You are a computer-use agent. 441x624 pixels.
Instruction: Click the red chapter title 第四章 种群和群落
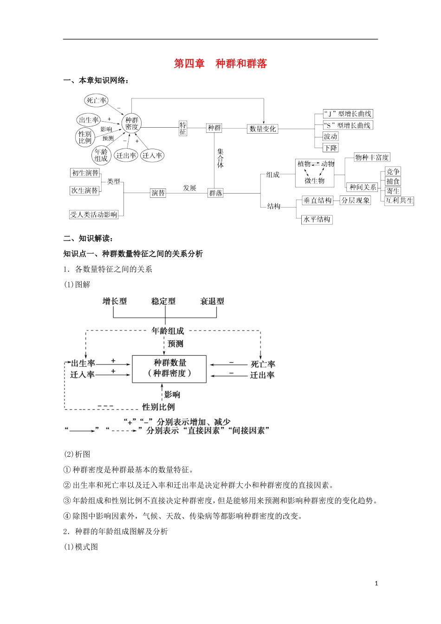tap(220, 64)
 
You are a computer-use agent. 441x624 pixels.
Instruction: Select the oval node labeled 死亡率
tap(97, 100)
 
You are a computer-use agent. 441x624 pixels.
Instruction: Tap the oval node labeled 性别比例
tap(85, 137)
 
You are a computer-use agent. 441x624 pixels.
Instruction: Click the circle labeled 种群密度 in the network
tap(132, 123)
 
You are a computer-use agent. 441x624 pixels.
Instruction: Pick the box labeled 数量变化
tap(262, 129)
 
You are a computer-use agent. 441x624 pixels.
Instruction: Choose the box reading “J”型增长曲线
tap(348, 114)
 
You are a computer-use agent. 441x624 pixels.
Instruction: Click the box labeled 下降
tap(331, 148)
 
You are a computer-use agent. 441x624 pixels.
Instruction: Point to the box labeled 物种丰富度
tap(372, 157)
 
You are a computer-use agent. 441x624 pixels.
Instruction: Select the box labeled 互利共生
tap(399, 201)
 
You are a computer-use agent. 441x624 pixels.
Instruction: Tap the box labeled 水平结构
tap(317, 219)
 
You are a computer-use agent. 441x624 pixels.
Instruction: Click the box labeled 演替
tap(158, 193)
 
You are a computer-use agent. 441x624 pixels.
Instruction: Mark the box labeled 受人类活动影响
tap(94, 214)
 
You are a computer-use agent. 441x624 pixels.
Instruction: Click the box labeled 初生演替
tap(85, 173)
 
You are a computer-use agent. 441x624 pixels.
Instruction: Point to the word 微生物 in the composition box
tap(315, 181)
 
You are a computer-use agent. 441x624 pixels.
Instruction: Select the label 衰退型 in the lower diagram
tap(212, 301)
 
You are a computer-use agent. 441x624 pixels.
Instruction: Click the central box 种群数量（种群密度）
tap(169, 369)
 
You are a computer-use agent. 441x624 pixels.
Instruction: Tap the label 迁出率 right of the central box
tap(262, 375)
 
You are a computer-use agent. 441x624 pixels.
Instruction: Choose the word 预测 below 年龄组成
tap(175, 344)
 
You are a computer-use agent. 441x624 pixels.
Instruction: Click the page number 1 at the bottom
tap(376, 583)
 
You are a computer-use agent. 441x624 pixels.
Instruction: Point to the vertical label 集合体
tap(220, 158)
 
